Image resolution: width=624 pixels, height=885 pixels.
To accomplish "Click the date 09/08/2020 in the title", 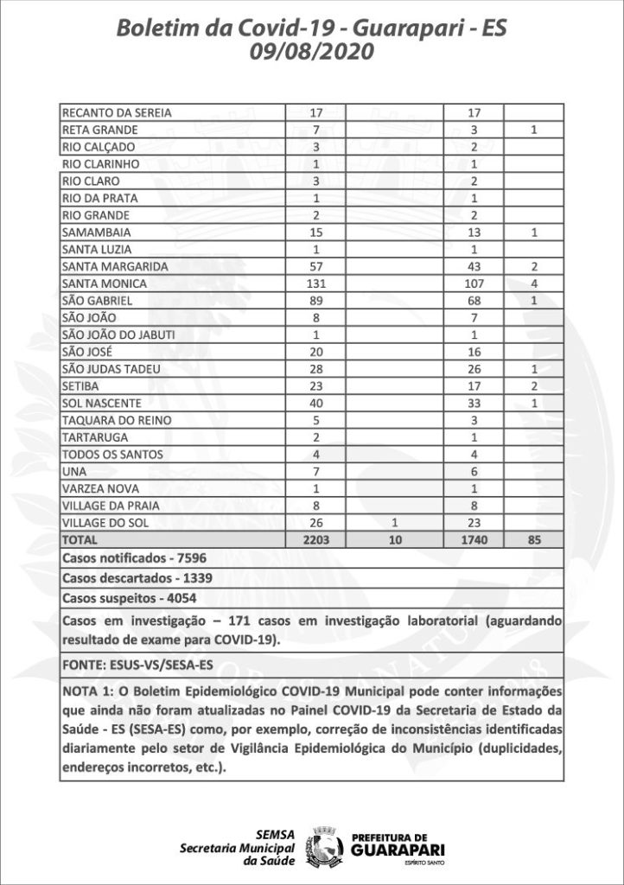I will click(x=311, y=54).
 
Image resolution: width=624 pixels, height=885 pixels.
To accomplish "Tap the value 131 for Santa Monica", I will click(x=316, y=283).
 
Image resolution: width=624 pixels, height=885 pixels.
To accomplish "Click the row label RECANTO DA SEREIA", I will click(x=117, y=112).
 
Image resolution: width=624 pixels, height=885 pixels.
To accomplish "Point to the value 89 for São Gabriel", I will click(x=316, y=300).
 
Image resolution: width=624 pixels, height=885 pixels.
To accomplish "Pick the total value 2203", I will click(x=316, y=539).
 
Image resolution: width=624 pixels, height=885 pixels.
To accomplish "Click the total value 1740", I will click(x=472, y=539).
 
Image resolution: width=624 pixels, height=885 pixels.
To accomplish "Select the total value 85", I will click(x=535, y=539).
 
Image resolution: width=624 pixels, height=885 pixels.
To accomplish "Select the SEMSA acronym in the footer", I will click(x=276, y=834).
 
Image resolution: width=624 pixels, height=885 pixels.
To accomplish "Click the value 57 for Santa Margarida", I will click(x=316, y=266).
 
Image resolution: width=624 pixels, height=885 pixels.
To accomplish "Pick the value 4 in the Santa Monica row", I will click(x=535, y=283).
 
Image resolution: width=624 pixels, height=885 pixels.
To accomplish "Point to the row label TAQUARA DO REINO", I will click(x=110, y=420).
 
